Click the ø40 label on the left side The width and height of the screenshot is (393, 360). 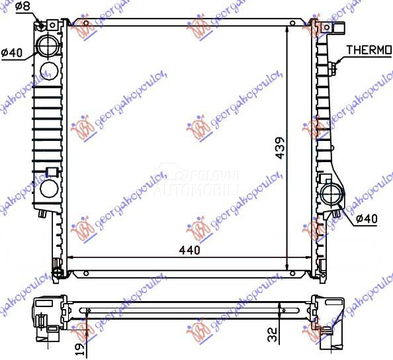coord(13,54)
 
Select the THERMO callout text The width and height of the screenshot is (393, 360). coord(369,49)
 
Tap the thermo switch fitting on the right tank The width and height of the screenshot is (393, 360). coord(335,64)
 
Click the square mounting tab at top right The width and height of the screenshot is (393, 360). coord(341,29)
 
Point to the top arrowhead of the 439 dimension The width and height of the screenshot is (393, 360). coord(286,30)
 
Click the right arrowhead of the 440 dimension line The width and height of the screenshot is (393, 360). coord(306,257)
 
